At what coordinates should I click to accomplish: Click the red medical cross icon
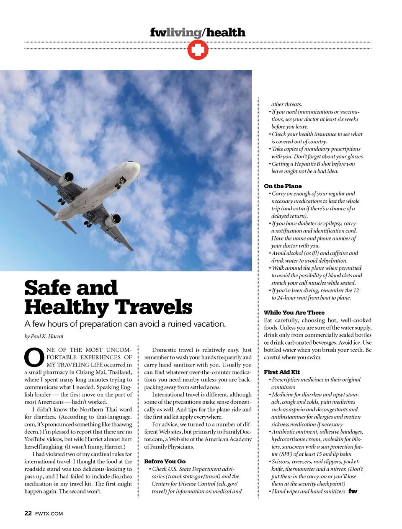(x=198, y=51)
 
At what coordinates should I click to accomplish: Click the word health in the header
(x=226, y=32)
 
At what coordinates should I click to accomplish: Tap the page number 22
(x=28, y=513)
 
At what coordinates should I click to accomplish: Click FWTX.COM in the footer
(x=49, y=514)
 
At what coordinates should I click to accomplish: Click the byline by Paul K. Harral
(x=44, y=336)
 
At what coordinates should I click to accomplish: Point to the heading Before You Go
(x=165, y=461)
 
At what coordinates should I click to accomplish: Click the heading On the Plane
(x=283, y=186)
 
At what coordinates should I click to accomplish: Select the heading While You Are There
(x=294, y=312)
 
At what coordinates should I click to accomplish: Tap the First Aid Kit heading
(x=282, y=372)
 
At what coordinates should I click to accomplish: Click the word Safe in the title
(x=47, y=288)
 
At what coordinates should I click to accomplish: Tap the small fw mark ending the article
(x=353, y=491)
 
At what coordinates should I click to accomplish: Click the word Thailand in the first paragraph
(x=120, y=372)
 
